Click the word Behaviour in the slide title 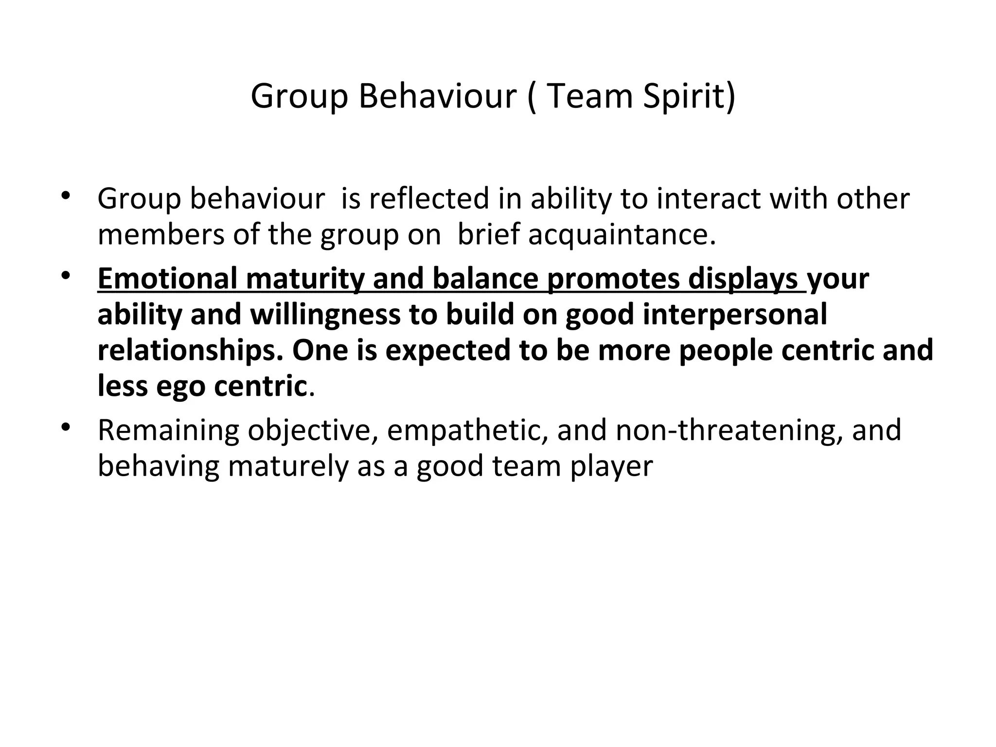click(437, 96)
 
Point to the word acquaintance click(622, 235)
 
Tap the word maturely click(288, 466)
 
